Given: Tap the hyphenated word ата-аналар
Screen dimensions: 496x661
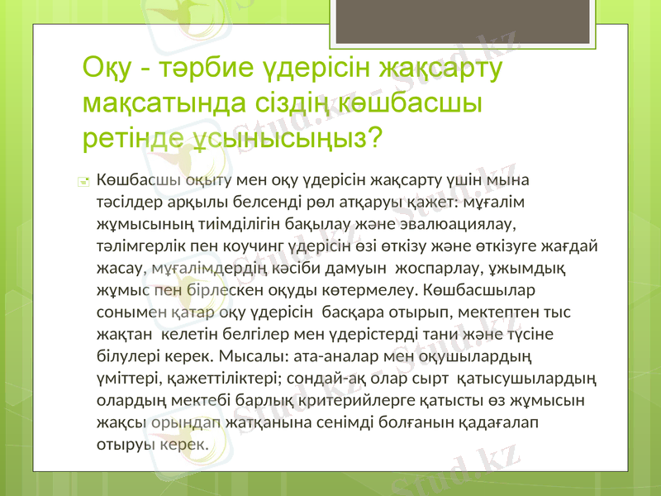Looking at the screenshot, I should tap(328, 357).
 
